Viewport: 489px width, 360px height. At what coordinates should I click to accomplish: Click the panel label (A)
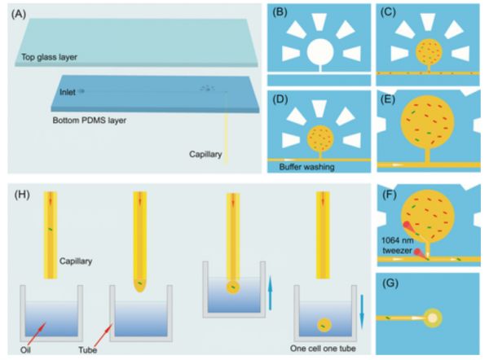tap(19, 15)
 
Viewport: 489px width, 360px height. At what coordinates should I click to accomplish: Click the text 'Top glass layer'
tap(49, 57)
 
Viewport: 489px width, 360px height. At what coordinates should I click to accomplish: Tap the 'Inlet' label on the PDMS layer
tap(68, 92)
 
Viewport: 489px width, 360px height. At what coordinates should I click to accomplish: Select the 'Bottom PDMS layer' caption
tap(89, 121)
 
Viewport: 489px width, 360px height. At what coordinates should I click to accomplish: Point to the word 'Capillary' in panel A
tap(205, 154)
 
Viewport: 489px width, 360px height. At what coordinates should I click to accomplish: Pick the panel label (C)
tap(388, 12)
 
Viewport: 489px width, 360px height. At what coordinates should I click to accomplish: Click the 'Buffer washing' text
tap(306, 167)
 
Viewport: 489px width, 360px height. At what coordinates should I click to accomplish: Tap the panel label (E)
tap(388, 99)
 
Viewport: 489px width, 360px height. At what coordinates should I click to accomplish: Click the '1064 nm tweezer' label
tap(398, 245)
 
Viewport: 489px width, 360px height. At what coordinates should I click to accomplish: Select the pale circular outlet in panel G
tap(433, 318)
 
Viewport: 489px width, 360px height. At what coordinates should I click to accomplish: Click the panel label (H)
tap(22, 195)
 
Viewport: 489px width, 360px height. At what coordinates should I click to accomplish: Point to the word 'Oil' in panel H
tap(25, 349)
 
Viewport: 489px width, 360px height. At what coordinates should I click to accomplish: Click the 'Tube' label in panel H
tap(88, 350)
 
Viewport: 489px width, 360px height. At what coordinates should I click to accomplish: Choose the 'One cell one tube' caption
tap(323, 348)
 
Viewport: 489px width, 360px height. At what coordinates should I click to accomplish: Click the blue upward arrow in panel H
tap(270, 292)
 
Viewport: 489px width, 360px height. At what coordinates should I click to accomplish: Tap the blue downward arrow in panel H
tap(362, 312)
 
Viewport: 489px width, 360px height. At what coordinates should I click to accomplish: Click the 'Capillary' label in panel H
tap(76, 261)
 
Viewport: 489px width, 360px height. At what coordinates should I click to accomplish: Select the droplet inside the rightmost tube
tap(324, 325)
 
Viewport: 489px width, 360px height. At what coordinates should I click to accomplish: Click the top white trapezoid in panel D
tap(319, 108)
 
